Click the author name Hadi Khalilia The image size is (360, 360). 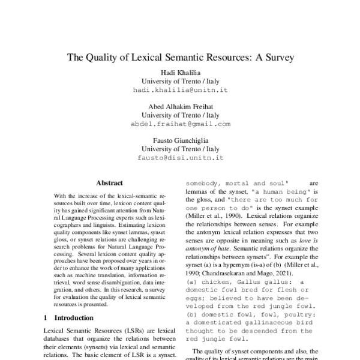click(180, 71)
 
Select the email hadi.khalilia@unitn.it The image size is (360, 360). click(180, 89)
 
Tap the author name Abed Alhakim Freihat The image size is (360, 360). click(180, 106)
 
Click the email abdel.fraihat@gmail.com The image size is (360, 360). click(180, 124)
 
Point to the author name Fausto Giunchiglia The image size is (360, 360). click(180, 141)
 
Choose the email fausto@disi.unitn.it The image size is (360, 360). click(180, 158)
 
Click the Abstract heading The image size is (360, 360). click(109, 183)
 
